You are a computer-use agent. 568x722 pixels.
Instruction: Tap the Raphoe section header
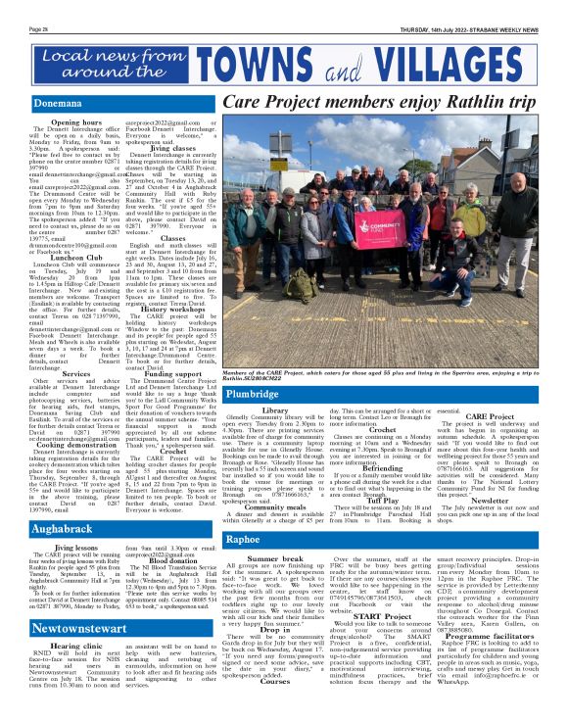(243, 539)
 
